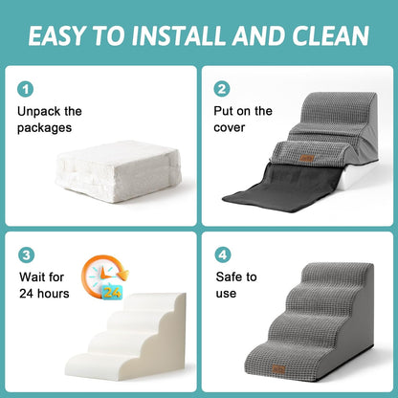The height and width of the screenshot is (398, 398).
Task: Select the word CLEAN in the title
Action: coord(329,36)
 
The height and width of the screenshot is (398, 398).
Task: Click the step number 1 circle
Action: coord(25,89)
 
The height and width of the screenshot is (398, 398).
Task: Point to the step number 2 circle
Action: coord(223,89)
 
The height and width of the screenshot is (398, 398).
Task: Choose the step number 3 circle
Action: coord(25,255)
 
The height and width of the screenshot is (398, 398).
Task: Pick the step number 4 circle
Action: coord(223,255)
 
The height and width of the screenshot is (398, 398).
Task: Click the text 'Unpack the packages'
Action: coord(49,119)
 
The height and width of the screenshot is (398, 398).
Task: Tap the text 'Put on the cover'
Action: coord(244,119)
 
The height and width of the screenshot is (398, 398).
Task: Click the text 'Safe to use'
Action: coord(236,285)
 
